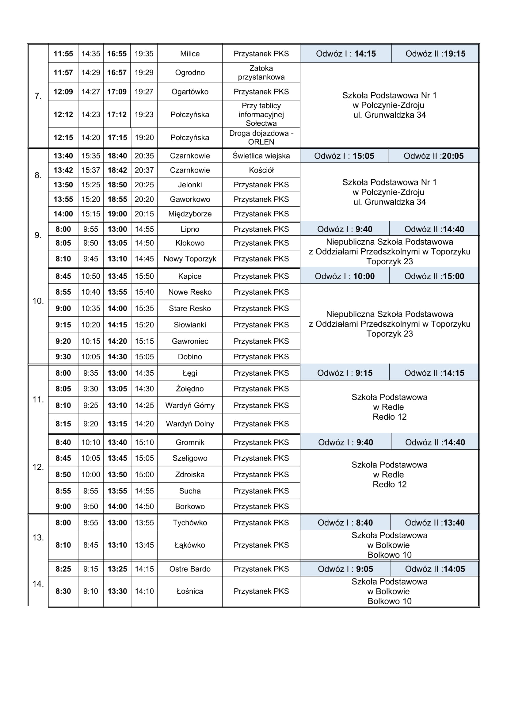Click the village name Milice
click(190, 54)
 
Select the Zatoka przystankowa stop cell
click(261, 72)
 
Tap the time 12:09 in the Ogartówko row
click(63, 92)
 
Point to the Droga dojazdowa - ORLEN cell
click(261, 137)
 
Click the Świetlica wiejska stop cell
click(261, 156)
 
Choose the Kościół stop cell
click(261, 170)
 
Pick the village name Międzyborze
click(190, 214)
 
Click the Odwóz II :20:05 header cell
click(434, 156)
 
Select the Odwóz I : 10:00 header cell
click(345, 276)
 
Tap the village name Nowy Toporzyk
click(190, 259)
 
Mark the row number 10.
click(38, 301)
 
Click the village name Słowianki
click(190, 325)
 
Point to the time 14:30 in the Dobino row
click(117, 357)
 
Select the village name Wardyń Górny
click(190, 405)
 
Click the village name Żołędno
click(190, 389)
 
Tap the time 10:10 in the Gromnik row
click(90, 442)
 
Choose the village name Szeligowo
click(190, 458)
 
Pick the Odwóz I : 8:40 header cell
click(345, 523)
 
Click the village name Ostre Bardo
click(190, 569)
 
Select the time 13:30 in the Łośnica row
click(117, 591)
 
